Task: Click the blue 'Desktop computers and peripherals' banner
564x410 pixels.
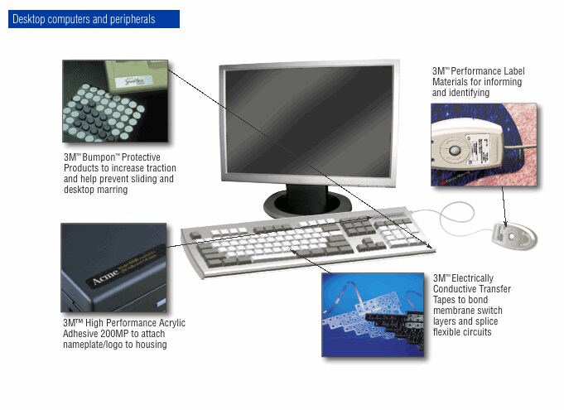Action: (94, 19)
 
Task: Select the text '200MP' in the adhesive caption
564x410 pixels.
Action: (115, 334)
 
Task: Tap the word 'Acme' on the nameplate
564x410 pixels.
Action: (105, 276)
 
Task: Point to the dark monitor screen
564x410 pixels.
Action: (309, 121)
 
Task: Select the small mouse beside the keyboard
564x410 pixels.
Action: (514, 236)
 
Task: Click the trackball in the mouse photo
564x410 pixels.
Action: (456, 150)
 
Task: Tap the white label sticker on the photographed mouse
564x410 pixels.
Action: (480, 147)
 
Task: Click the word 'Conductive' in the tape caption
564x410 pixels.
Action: (454, 289)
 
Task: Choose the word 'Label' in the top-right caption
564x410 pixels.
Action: (513, 71)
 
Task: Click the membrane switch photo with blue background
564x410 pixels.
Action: (373, 315)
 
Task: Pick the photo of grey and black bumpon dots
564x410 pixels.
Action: (115, 101)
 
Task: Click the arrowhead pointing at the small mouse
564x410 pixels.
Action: (506, 224)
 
